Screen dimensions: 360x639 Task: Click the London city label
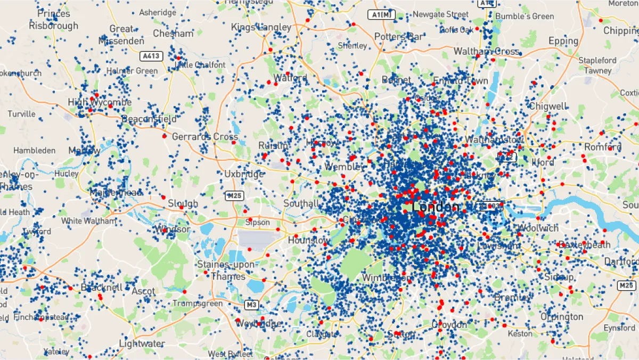click(435, 207)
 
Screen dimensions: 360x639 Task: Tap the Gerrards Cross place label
click(204, 137)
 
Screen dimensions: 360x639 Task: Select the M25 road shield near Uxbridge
click(234, 195)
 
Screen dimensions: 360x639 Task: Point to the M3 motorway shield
click(251, 305)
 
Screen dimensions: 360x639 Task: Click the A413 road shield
click(150, 55)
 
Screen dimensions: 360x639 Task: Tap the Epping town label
click(563, 41)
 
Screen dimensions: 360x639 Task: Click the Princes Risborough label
click(53, 19)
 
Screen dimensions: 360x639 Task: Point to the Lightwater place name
click(141, 343)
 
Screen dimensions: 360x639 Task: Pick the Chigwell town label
click(548, 106)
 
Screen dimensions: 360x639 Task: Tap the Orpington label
click(562, 317)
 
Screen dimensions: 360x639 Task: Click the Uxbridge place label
click(244, 174)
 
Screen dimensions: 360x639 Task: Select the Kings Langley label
click(261, 27)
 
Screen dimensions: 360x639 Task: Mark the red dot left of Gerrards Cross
click(164, 136)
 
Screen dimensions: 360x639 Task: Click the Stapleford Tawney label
click(597, 66)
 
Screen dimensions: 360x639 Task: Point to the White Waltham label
click(88, 220)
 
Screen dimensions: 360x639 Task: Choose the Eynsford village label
click(619, 328)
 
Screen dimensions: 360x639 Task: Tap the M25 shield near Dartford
click(627, 286)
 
